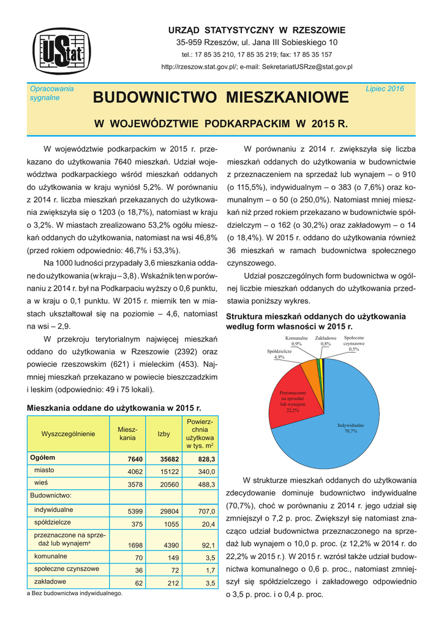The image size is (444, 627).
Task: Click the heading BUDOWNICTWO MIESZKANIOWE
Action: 221,97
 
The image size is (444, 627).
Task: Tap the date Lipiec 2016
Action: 385,89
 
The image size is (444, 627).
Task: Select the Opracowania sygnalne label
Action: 51,93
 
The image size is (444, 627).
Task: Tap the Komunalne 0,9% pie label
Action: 296,341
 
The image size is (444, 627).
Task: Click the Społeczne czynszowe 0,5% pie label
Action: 354,344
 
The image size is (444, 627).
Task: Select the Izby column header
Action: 164,434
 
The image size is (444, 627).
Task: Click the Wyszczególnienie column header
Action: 67,434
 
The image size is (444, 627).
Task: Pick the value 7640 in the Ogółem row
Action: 135,459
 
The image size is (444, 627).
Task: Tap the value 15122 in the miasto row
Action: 168,472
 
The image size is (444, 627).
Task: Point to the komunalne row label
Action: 50,557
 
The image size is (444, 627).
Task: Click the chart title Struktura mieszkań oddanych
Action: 315,321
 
